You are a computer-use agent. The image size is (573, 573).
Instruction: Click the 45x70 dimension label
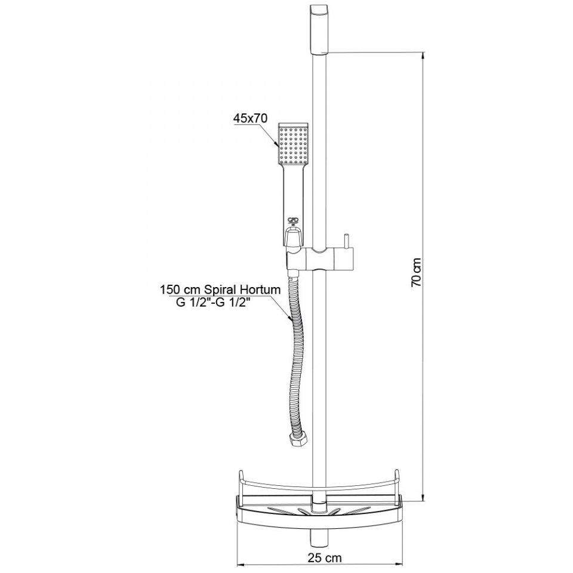coord(251,118)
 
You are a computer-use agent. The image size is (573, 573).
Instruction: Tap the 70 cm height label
coord(416,272)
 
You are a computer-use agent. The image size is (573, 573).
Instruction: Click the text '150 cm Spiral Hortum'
coord(220,290)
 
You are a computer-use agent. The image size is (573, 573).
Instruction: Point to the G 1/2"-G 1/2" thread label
coord(215,303)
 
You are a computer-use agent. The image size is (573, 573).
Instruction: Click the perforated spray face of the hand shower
coord(294,144)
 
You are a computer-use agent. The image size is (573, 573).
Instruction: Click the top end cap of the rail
coord(320,30)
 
